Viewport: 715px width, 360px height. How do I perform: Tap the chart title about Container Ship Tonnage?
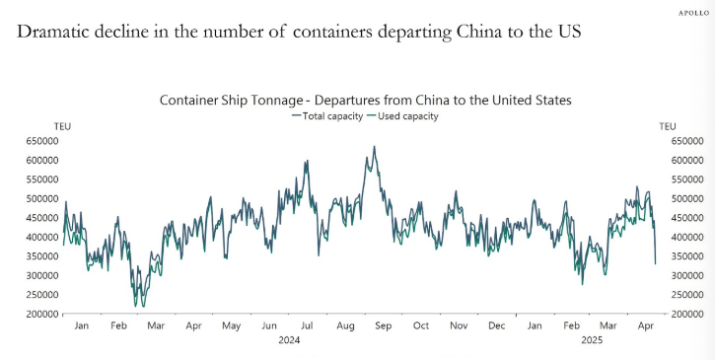pyautogui.click(x=365, y=100)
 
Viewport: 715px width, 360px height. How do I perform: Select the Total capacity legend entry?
pyautogui.click(x=326, y=115)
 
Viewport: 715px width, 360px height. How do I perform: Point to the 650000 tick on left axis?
pyautogui.click(x=35, y=141)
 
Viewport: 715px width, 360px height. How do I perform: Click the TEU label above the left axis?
pyautogui.click(x=62, y=125)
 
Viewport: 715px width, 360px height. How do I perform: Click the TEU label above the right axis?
pyautogui.click(x=668, y=125)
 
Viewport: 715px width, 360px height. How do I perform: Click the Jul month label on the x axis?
pyautogui.click(x=307, y=324)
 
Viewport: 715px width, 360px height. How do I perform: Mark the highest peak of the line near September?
pyautogui.click(x=374, y=147)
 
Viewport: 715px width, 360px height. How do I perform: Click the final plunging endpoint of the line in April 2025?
pyautogui.click(x=655, y=263)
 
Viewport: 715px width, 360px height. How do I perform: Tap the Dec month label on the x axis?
pyautogui.click(x=497, y=324)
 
